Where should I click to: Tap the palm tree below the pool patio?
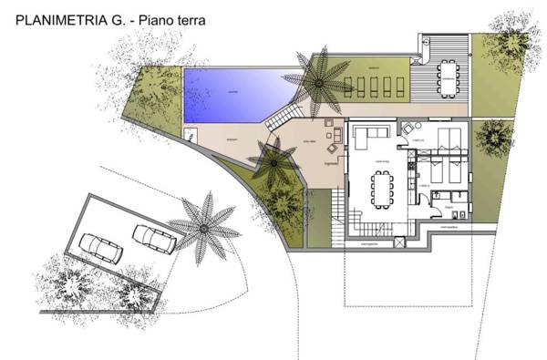pyautogui.click(x=273, y=164)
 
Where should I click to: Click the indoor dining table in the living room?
pyautogui.click(x=380, y=188)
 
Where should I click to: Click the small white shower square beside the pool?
pyautogui.click(x=191, y=135)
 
